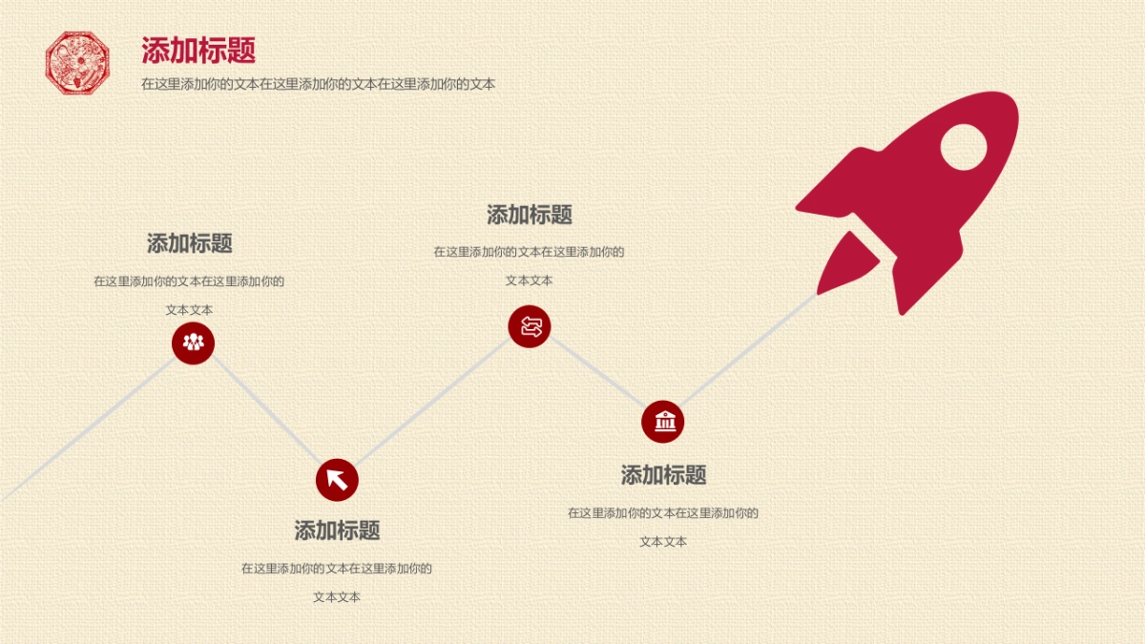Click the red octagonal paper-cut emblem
pyautogui.click(x=78, y=63)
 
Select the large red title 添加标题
pyautogui.click(x=198, y=51)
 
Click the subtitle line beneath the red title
pyautogui.click(x=318, y=84)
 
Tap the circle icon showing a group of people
pyautogui.click(x=194, y=343)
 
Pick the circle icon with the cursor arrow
pyautogui.click(x=337, y=479)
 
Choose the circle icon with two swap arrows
pyautogui.click(x=530, y=327)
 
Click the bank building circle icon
pyautogui.click(x=663, y=422)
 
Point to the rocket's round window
pyautogui.click(x=963, y=147)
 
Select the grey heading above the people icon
pyautogui.click(x=189, y=243)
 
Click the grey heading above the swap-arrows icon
pyautogui.click(x=530, y=215)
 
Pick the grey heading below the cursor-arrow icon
pyautogui.click(x=337, y=530)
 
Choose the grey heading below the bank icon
pyautogui.click(x=663, y=475)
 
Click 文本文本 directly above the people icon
pyautogui.click(x=189, y=310)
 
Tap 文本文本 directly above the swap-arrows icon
pyautogui.click(x=530, y=280)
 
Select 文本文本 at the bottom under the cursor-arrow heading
pyautogui.click(x=337, y=597)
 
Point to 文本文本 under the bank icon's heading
pyautogui.click(x=663, y=541)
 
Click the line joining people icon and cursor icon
pyautogui.click(x=265, y=411)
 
